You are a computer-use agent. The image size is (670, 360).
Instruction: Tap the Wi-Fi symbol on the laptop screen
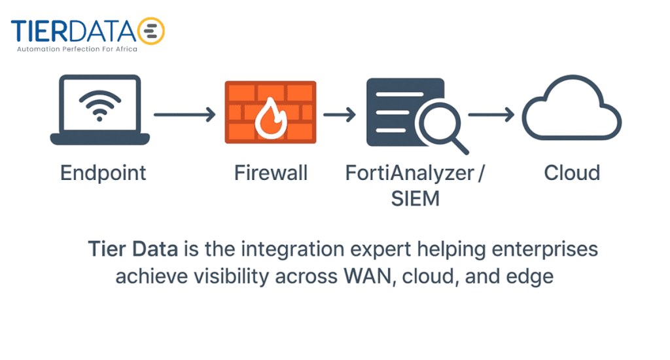pos(99,105)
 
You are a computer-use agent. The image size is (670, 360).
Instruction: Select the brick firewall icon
pos(270,111)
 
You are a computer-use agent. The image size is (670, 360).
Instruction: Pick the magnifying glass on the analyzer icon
pos(442,124)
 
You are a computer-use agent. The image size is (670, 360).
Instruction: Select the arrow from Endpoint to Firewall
pos(185,115)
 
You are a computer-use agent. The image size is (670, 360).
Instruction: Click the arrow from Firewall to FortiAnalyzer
pos(340,115)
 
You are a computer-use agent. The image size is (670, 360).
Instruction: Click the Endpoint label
pos(103,173)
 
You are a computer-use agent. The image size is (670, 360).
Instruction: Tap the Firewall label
pos(271,173)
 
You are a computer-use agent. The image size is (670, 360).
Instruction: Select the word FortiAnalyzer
pos(410,173)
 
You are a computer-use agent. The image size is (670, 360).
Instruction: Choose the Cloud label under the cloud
pos(572,173)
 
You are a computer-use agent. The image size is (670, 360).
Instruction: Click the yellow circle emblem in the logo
pos(152,30)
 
